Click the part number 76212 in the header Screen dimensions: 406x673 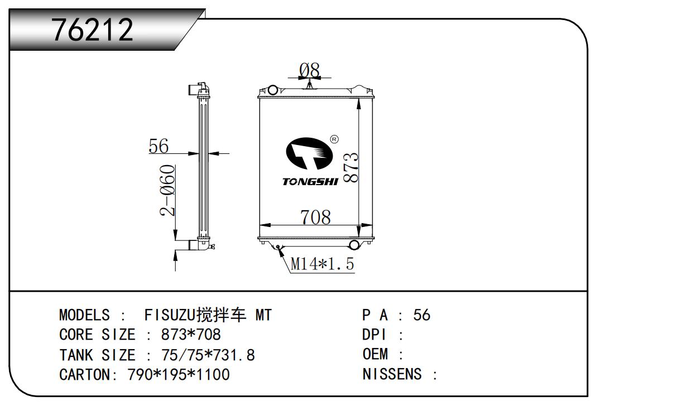click(x=93, y=30)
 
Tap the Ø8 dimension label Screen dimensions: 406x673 click(x=310, y=70)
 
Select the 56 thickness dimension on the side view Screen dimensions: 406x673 click(x=158, y=146)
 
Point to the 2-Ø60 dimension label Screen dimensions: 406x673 click(x=167, y=190)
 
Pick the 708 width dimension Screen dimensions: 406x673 click(x=316, y=217)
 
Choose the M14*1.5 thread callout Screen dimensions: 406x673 click(x=322, y=264)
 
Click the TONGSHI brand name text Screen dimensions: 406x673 click(x=310, y=182)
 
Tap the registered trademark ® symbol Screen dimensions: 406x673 click(x=334, y=139)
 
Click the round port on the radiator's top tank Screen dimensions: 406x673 click(x=272, y=90)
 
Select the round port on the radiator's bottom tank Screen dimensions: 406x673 click(x=355, y=245)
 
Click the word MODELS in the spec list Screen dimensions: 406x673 click(x=84, y=316)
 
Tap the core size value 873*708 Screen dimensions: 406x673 click(x=191, y=335)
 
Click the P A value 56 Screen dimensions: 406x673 click(x=422, y=316)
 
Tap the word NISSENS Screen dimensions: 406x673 click(x=392, y=374)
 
